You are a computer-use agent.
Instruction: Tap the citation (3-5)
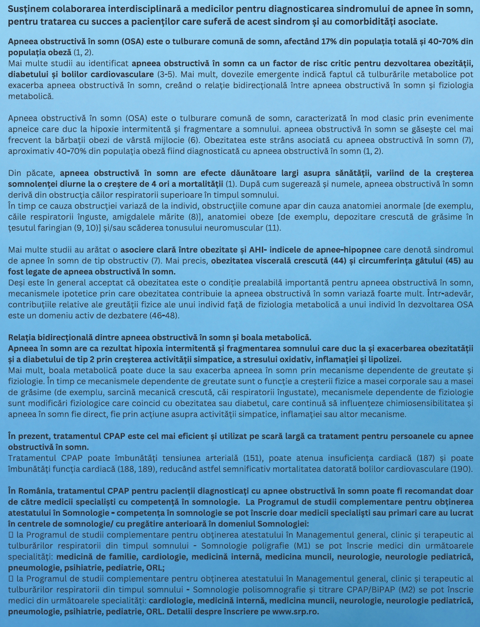coord(166,74)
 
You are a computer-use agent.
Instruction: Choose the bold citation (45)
coord(455,261)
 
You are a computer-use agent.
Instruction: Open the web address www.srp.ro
coord(295,611)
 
